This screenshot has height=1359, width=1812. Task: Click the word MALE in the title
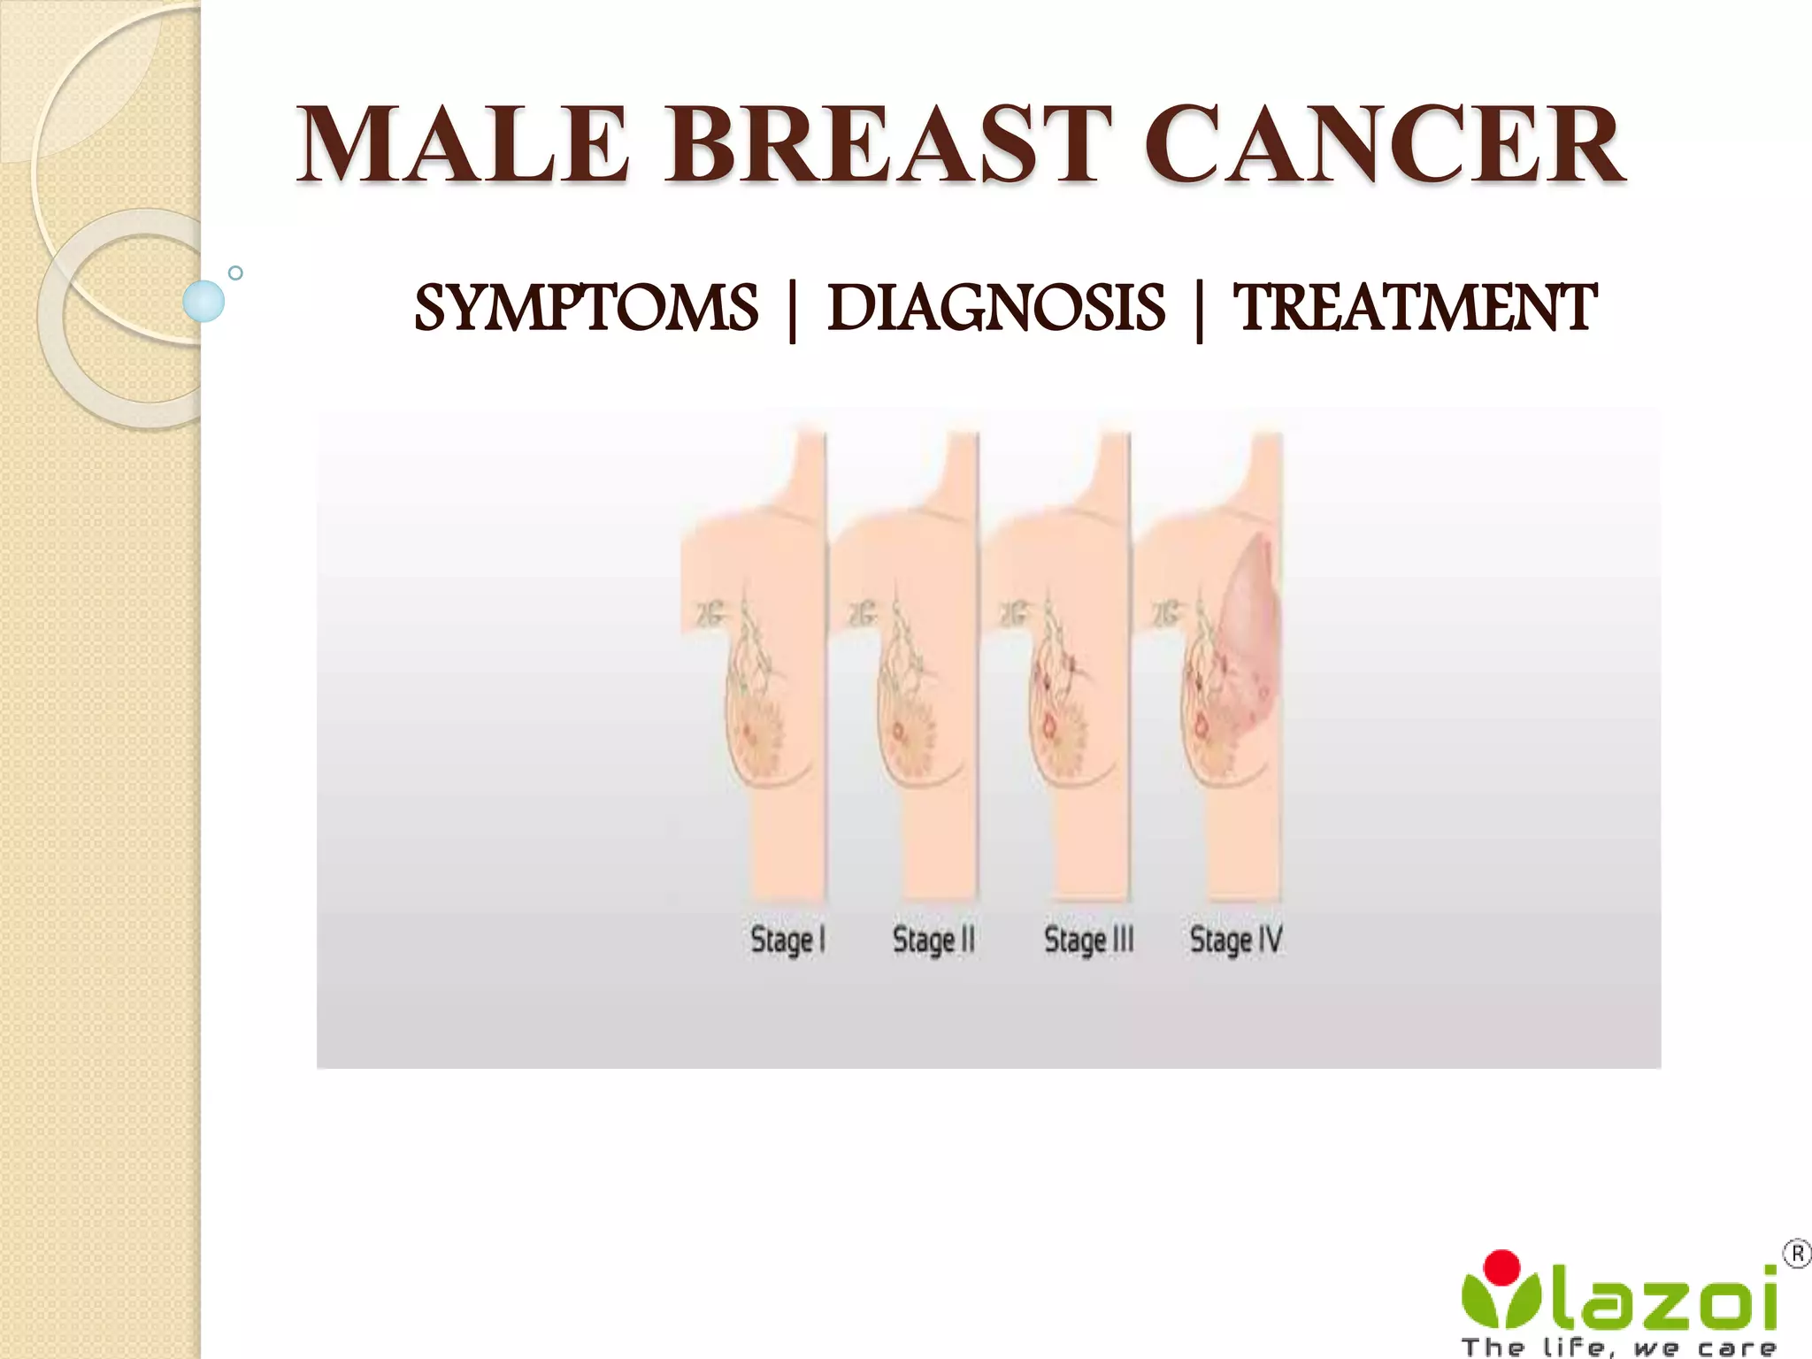click(463, 145)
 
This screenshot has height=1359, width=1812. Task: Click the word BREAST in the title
click(887, 145)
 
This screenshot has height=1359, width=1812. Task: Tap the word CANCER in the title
click(1385, 145)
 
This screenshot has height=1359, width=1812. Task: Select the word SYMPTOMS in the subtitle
click(587, 309)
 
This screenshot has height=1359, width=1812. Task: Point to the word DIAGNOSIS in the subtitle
click(996, 309)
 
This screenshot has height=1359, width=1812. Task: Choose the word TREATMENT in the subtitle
click(1416, 309)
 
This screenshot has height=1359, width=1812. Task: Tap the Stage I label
click(787, 940)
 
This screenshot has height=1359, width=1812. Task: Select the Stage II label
click(933, 940)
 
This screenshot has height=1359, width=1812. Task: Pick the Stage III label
click(1088, 940)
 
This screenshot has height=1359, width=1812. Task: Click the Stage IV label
click(1235, 940)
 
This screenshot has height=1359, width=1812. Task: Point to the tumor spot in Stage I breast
click(750, 732)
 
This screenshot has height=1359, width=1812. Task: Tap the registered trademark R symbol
click(1797, 1254)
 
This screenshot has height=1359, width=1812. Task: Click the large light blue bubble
click(203, 301)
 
